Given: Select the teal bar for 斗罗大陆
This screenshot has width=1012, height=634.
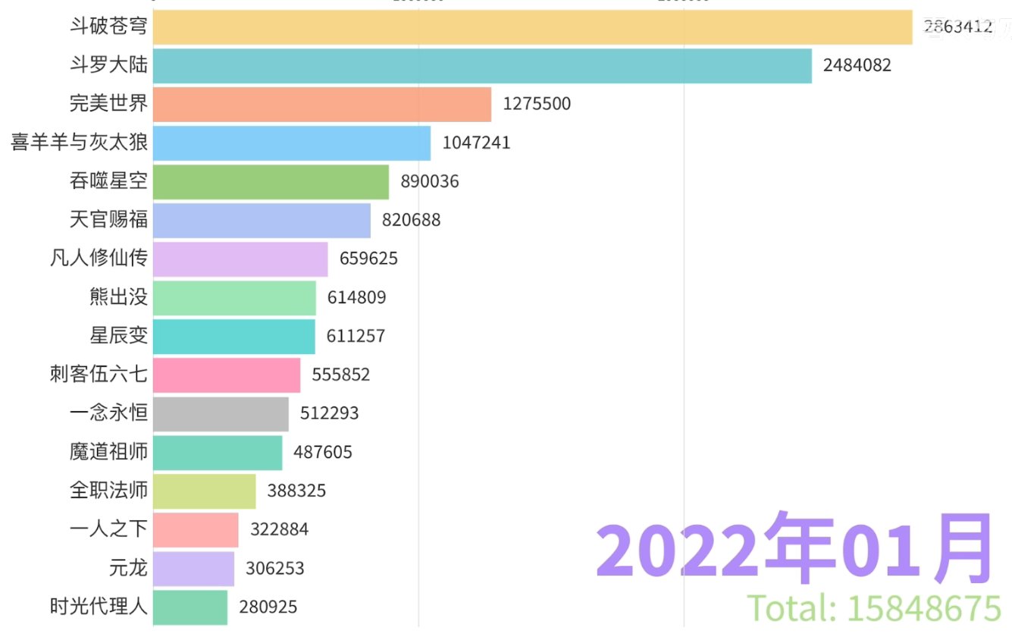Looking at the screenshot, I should pos(482,65).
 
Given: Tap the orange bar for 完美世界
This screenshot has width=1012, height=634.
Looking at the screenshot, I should pos(321,104).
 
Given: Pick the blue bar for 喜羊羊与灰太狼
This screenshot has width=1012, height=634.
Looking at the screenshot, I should pos(291,143).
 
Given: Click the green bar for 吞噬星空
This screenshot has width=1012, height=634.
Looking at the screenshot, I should pos(271,182).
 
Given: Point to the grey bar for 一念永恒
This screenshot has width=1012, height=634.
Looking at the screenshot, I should pos(221,414).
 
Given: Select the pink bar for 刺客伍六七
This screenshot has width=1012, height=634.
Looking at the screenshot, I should pos(227,375).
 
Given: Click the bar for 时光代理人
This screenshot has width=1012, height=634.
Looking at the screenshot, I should pos(190,607).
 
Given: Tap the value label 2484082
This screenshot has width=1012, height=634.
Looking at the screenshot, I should pos(857,65).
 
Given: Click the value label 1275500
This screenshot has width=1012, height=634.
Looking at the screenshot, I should pos(537,104).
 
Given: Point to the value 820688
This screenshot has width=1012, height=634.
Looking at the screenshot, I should pos(411,221).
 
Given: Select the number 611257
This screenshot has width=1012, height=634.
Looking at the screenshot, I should pos(356,336).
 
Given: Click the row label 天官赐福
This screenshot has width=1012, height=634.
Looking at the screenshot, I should pos(108,221).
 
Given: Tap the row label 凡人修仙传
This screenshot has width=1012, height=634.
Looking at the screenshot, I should pos(99,259).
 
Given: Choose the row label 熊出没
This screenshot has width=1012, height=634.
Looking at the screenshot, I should pos(118,297).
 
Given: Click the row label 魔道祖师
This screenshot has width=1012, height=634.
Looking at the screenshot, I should pos(108,453).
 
